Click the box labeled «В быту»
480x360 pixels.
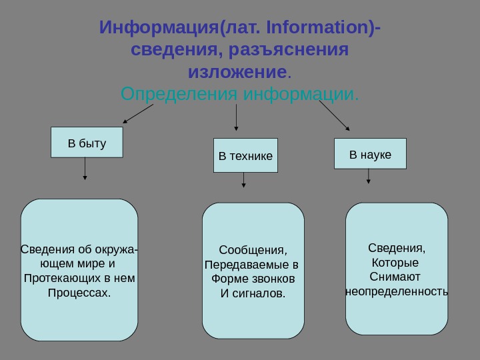[x=87, y=143]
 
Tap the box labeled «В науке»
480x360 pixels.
[x=370, y=155]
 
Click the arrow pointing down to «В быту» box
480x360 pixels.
[x=139, y=115]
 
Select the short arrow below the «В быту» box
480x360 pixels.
[x=85, y=169]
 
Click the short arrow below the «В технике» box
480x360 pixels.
[x=243, y=179]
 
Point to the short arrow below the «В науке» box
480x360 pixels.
[x=369, y=176]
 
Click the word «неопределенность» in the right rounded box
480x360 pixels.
[x=397, y=291]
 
